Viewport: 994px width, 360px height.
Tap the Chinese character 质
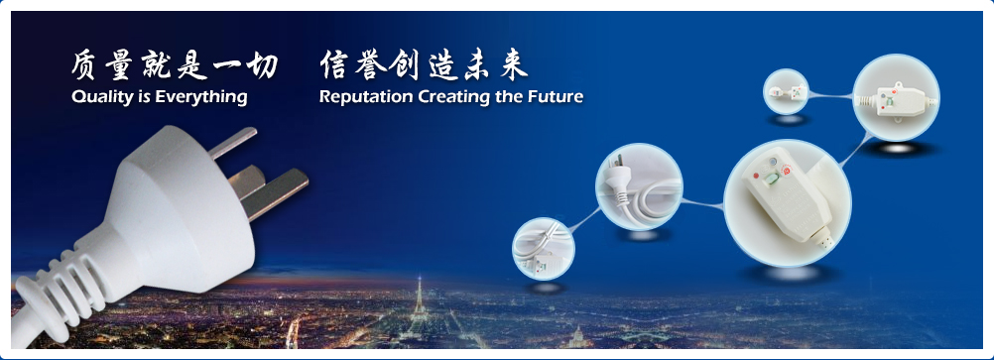(x=83, y=65)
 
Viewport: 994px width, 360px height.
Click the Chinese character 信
(x=333, y=64)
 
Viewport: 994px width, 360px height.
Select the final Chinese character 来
(x=514, y=65)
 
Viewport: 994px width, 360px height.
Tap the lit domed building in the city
(x=578, y=336)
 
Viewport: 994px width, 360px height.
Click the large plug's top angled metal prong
(x=234, y=142)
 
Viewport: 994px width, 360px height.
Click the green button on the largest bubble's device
(x=771, y=180)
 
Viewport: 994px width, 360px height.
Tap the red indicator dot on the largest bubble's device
(x=755, y=176)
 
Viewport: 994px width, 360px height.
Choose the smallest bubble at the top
(x=786, y=91)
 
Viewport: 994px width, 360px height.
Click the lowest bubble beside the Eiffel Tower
(x=544, y=249)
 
